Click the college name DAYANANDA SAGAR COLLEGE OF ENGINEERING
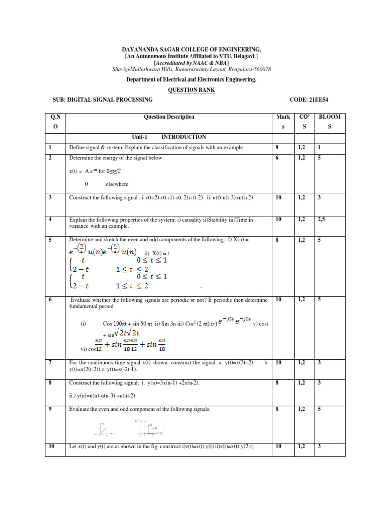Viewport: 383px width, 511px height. tap(191, 50)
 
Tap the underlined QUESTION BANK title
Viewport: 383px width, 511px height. tap(191, 90)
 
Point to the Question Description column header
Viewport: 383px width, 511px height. tap(169, 117)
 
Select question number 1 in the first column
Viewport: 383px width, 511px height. tap(51, 148)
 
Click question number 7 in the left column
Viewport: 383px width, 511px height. tap(51, 362)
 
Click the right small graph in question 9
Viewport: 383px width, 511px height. tap(148, 428)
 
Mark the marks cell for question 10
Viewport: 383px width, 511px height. tap(279, 446)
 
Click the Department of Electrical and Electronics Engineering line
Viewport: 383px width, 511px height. tap(191, 80)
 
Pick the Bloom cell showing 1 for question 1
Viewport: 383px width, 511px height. tap(320, 148)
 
